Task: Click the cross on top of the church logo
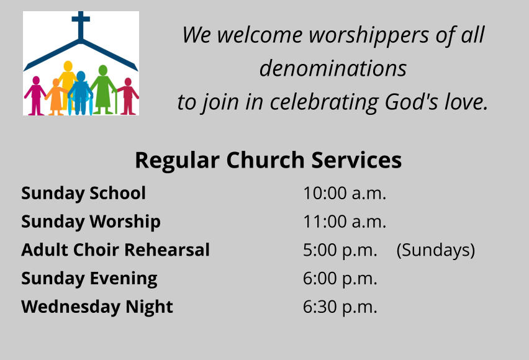tap(81, 25)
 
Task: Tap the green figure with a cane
tap(103, 90)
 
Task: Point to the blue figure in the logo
tap(80, 93)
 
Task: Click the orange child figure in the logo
tap(56, 97)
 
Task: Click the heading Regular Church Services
tap(268, 160)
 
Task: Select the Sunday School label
tap(83, 193)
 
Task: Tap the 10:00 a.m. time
tap(345, 193)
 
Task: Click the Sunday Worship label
tap(91, 222)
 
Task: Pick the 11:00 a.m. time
tap(345, 222)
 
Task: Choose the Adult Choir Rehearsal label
tap(115, 250)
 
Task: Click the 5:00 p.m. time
tap(340, 250)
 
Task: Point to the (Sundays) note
tap(436, 250)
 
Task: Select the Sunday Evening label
tap(89, 279)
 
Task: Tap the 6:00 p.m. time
tap(340, 279)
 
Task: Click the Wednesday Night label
tap(97, 307)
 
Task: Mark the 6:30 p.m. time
tap(340, 307)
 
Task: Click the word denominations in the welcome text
tap(333, 68)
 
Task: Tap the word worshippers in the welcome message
tap(369, 35)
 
